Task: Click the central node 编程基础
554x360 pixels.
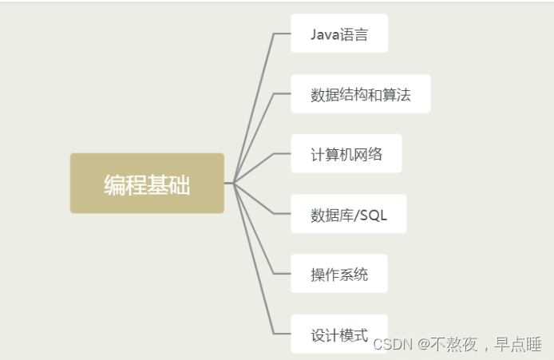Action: point(147,184)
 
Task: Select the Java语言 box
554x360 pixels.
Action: point(339,34)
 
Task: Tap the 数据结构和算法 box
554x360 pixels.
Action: point(360,94)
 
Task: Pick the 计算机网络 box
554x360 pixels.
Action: point(346,154)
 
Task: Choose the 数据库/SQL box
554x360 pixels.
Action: point(348,214)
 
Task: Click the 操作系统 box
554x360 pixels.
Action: point(339,274)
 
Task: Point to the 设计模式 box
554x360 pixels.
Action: point(339,334)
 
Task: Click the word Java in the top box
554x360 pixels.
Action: point(323,34)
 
